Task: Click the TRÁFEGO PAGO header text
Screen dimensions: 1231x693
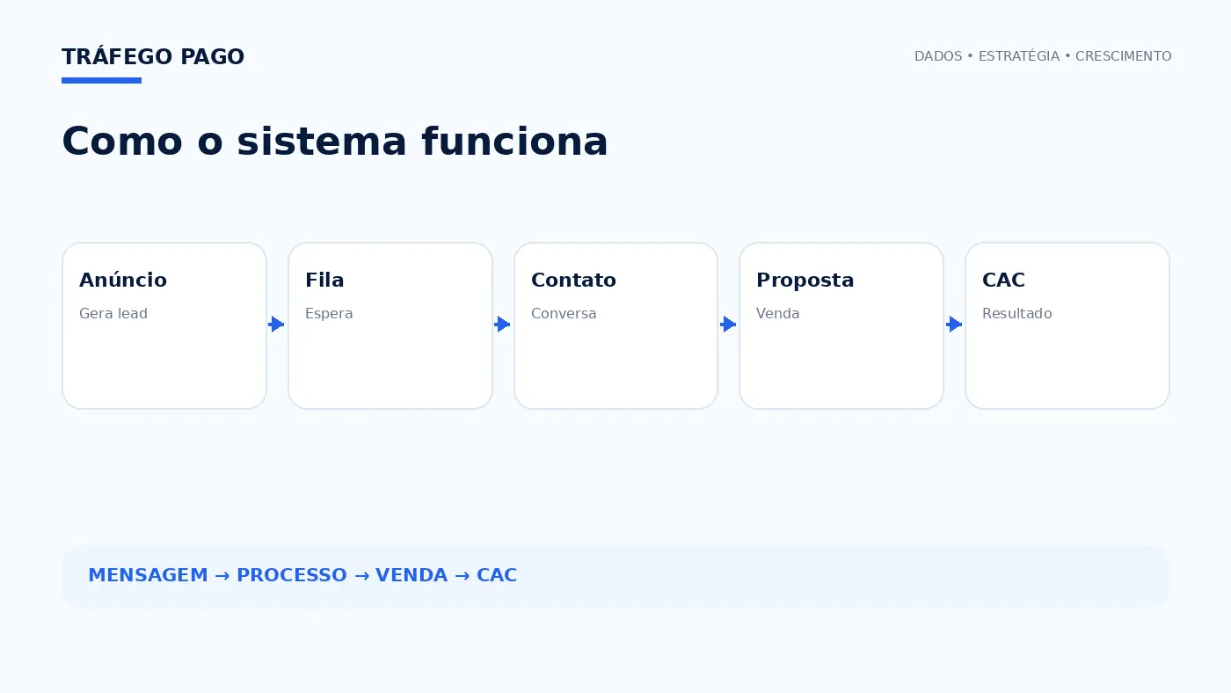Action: (153, 56)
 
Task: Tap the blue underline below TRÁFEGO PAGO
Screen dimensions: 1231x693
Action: (102, 81)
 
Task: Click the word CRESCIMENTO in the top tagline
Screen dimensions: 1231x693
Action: (1124, 56)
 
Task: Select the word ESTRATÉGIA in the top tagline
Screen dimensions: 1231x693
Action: (1019, 56)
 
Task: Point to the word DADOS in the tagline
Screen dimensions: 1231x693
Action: (938, 56)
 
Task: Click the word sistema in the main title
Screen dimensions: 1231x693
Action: (322, 142)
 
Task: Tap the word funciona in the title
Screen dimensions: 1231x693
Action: (515, 142)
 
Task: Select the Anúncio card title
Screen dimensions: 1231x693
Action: (123, 280)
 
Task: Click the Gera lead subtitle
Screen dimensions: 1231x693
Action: (113, 313)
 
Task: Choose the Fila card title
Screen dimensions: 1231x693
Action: (324, 280)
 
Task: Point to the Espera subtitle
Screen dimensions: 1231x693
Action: (329, 314)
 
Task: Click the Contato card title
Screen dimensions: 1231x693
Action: (573, 280)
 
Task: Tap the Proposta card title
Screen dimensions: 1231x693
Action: (805, 281)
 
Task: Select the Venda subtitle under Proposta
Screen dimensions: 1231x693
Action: (777, 313)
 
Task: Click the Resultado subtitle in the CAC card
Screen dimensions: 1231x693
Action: (1017, 313)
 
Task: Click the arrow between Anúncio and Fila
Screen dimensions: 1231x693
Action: (276, 325)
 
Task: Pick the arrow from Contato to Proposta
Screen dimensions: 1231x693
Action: (728, 325)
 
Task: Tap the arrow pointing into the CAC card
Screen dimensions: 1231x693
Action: (954, 325)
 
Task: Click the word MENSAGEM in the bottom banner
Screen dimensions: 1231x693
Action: (149, 575)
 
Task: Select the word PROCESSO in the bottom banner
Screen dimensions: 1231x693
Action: (292, 575)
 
